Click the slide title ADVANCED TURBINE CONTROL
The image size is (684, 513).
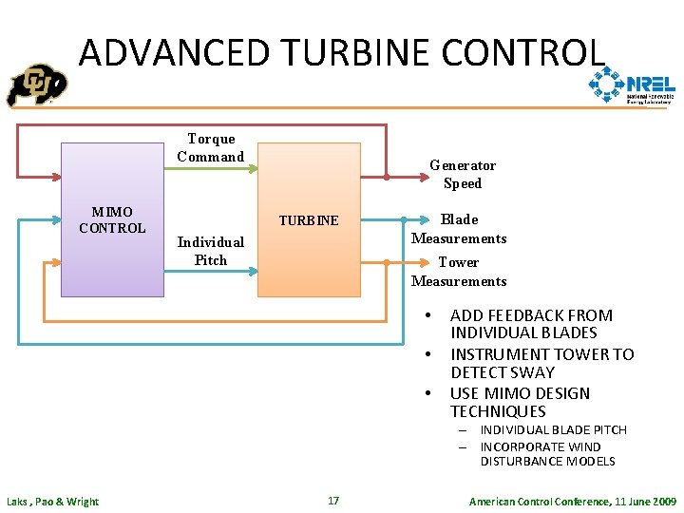341,52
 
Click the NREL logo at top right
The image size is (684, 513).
632,87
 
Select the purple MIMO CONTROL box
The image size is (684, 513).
111,219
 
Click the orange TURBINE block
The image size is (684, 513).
309,220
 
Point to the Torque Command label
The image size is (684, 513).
211,147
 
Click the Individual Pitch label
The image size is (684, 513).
210,251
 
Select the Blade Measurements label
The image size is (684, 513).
459,229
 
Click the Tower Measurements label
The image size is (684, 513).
459,272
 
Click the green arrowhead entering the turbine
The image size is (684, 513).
253,170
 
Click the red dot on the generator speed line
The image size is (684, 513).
387,177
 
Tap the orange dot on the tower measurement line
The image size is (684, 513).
388,262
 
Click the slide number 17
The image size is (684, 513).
333,501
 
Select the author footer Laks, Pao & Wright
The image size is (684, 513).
52,502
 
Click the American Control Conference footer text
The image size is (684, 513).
573,501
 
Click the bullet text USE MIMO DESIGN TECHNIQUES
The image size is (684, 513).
520,402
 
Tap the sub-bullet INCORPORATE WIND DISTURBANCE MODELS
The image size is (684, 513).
547,454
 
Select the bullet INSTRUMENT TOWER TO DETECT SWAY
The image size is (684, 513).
541,363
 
